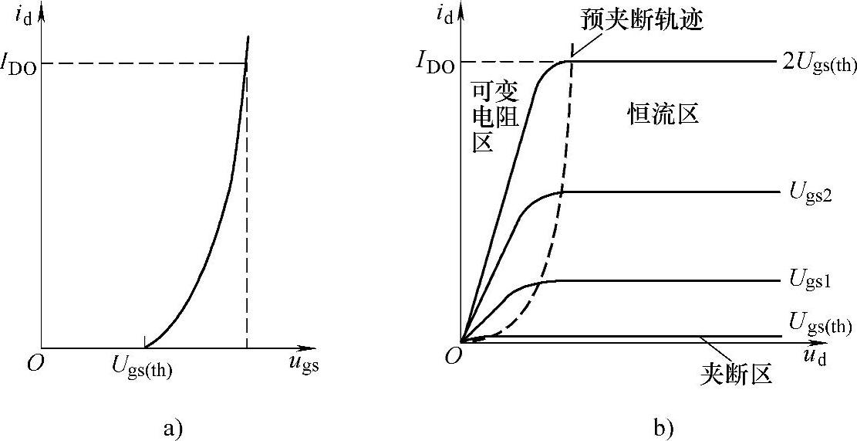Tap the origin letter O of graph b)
point(453,354)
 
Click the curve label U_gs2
point(809,192)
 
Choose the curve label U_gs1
point(809,280)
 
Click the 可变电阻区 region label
point(494,116)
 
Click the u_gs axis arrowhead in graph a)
point(312,348)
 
